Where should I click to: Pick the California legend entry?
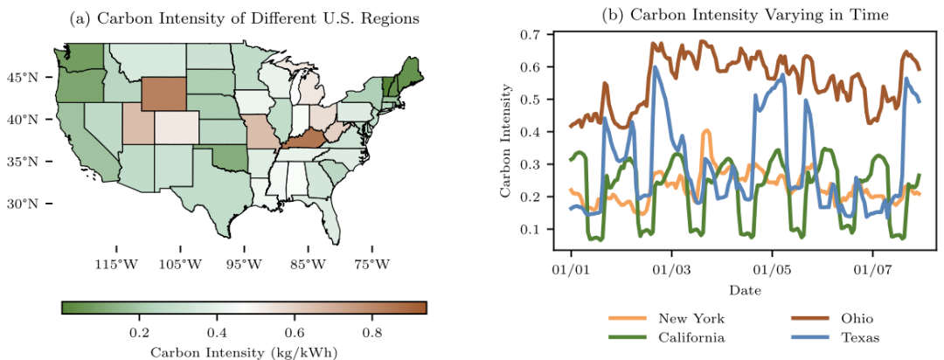[666, 338]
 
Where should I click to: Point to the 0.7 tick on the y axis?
[534, 34]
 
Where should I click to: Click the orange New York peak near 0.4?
[705, 131]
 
